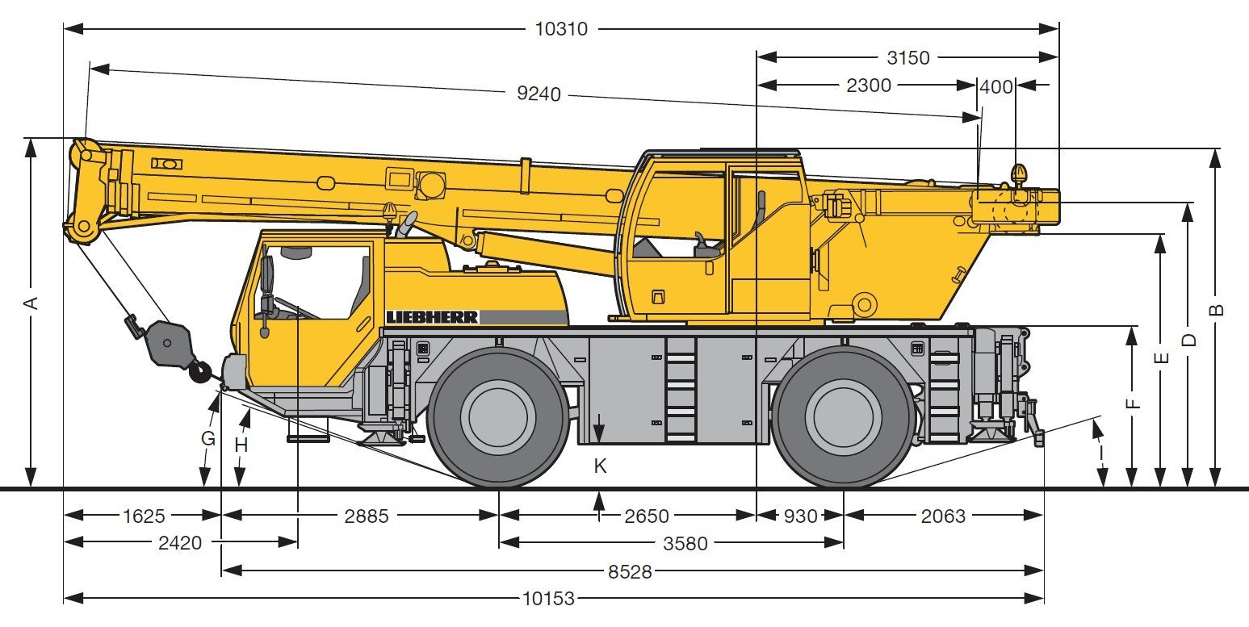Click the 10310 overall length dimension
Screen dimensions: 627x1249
point(561,29)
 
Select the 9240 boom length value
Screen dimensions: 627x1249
point(539,94)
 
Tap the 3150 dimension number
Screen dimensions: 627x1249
point(907,58)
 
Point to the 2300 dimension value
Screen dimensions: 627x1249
point(869,86)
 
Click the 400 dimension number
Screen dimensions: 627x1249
point(996,86)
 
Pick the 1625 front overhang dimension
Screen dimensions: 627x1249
point(143,516)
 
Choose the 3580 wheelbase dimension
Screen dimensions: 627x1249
point(685,543)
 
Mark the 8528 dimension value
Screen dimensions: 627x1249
point(631,571)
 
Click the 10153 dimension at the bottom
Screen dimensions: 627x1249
point(548,599)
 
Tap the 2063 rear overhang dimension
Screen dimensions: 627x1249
point(943,516)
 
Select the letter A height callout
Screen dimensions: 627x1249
point(31,303)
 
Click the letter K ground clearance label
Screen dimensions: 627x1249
point(599,466)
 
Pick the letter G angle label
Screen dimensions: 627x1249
point(208,439)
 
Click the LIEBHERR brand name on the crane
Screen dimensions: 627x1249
point(432,317)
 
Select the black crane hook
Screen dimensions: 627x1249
point(199,371)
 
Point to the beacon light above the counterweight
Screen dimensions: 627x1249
point(1019,173)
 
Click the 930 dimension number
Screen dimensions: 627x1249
point(800,516)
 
